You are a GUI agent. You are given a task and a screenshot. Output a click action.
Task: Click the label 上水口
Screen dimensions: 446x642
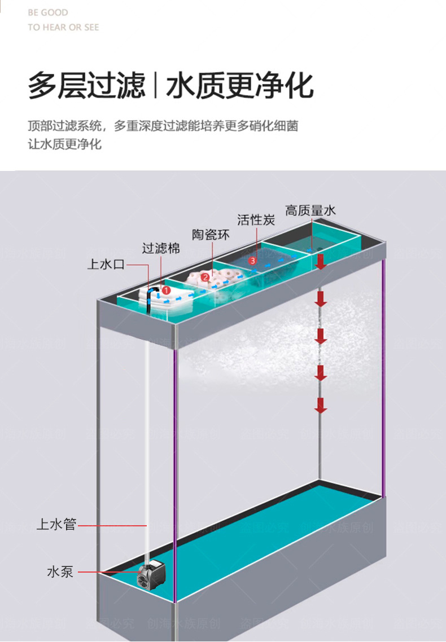pyautogui.click(x=106, y=264)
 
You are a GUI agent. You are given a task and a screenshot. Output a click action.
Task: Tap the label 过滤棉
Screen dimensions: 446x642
pyautogui.click(x=160, y=248)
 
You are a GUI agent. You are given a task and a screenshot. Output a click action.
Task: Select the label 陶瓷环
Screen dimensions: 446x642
pyautogui.click(x=211, y=235)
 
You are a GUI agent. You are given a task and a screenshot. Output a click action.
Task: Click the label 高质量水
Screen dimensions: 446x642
pyautogui.click(x=310, y=210)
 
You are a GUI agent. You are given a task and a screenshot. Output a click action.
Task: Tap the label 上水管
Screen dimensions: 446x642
pyautogui.click(x=56, y=524)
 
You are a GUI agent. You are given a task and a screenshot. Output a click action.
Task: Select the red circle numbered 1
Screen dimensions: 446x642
pyautogui.click(x=166, y=290)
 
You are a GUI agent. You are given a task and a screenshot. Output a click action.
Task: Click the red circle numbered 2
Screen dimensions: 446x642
pyautogui.click(x=205, y=276)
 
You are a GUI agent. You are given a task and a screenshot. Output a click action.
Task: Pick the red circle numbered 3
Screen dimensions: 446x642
pyautogui.click(x=252, y=261)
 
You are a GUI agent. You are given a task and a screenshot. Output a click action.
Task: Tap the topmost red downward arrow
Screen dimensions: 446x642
pyautogui.click(x=321, y=261)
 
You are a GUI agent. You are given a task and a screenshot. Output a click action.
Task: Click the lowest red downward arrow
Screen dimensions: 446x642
pyautogui.click(x=321, y=404)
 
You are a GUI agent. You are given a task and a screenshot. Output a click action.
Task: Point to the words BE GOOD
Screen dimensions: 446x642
pyautogui.click(x=48, y=12)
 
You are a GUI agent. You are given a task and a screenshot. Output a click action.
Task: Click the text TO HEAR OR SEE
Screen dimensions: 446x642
pyautogui.click(x=63, y=27)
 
